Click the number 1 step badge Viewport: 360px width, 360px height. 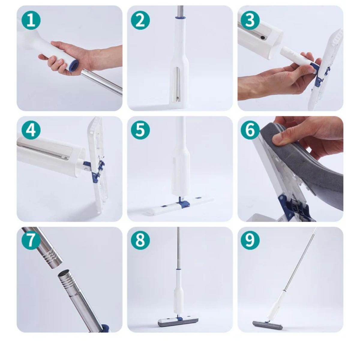click(x=31, y=20)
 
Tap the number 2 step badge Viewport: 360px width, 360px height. click(x=140, y=20)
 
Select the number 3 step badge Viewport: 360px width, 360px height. click(x=250, y=20)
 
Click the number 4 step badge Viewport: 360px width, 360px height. click(x=31, y=130)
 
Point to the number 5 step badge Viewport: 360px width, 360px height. click(x=140, y=130)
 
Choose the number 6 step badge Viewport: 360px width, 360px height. click(x=250, y=130)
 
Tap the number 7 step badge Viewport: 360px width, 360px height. click(x=31, y=240)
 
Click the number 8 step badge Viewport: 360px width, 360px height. click(x=140, y=240)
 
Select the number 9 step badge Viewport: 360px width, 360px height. click(x=250, y=240)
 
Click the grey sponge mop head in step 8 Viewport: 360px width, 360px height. click(x=180, y=322)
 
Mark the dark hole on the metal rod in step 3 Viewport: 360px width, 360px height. click(x=263, y=37)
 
